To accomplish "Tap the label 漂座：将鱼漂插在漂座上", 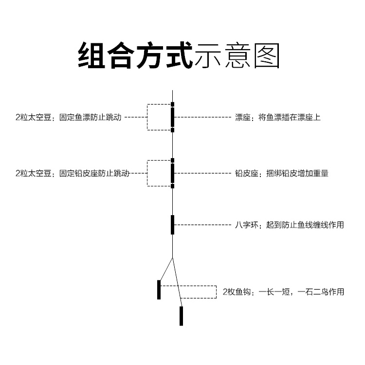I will pyautogui.click(x=278, y=117).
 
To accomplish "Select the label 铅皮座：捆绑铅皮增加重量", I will pyautogui.click(x=281, y=173).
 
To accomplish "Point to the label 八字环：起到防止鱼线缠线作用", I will pyautogui.click(x=290, y=225).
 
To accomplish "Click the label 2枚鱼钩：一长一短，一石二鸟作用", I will pyautogui.click(x=283, y=292).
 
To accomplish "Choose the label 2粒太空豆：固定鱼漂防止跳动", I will pyautogui.click(x=68, y=117).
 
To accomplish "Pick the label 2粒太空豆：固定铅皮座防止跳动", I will pyautogui.click(x=73, y=173).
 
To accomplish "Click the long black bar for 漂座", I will pyautogui.click(x=172, y=117).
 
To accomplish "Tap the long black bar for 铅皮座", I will pyautogui.click(x=172, y=173).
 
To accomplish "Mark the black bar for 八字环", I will pyautogui.click(x=172, y=225).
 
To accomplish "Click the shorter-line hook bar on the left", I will pyautogui.click(x=159, y=290).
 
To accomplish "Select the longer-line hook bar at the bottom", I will pyautogui.click(x=181, y=316).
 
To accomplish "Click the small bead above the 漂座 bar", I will pyautogui.click(x=172, y=104).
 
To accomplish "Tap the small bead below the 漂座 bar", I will pyautogui.click(x=172, y=130).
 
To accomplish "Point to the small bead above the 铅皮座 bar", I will pyautogui.click(x=172, y=160).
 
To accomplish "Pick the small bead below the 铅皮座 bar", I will pyautogui.click(x=172, y=185).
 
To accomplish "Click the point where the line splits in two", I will pyautogui.click(x=172, y=257).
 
